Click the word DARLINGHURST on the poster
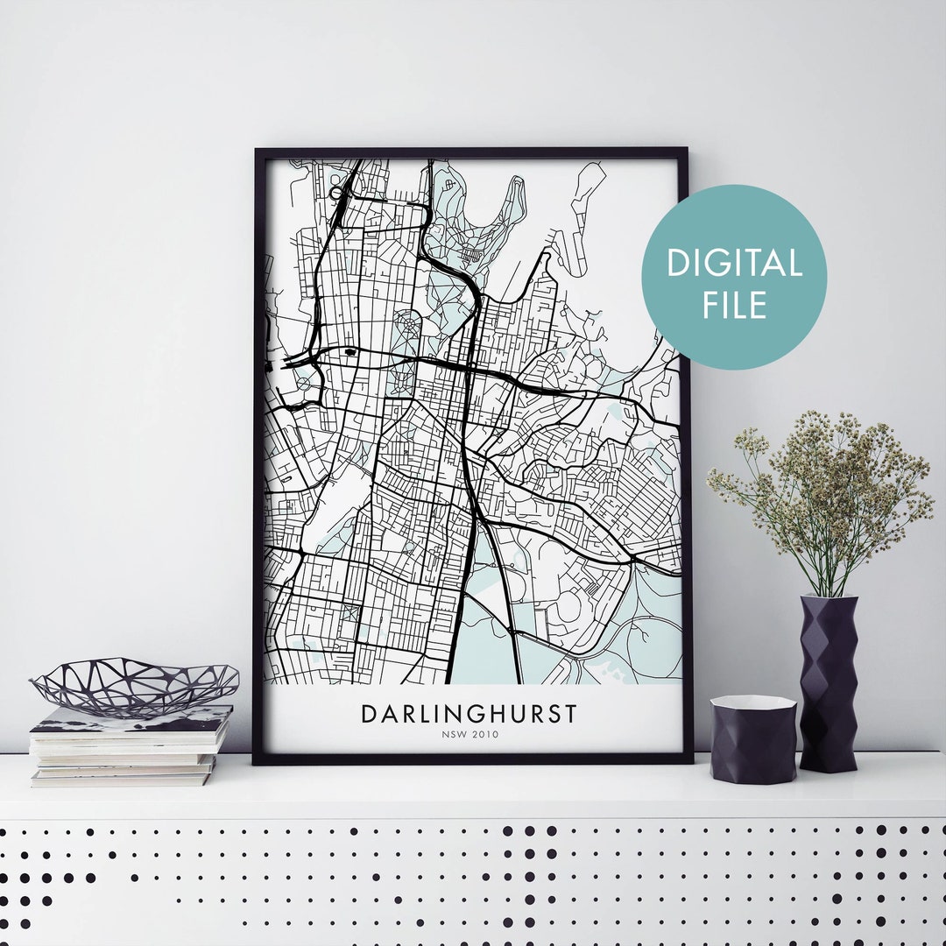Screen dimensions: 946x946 [x=469, y=713]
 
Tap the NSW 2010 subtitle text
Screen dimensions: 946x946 [x=469, y=736]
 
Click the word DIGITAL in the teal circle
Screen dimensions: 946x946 [x=734, y=264]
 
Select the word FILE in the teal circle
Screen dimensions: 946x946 [x=734, y=305]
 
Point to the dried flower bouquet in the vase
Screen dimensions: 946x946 [x=819, y=491]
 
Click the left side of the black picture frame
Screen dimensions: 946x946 [x=259, y=455]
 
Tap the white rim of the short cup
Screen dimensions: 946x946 [x=752, y=702]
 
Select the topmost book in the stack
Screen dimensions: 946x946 [x=131, y=718]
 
